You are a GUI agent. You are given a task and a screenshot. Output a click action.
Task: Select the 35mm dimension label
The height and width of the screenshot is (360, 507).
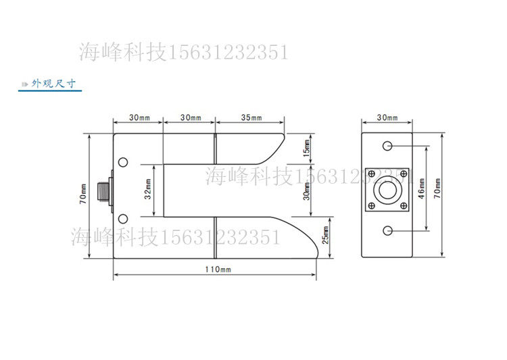(x=251, y=118)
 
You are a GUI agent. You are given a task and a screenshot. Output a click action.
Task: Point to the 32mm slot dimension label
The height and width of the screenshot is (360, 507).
(x=148, y=190)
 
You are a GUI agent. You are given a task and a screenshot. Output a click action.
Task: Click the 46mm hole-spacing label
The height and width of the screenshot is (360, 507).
(x=421, y=190)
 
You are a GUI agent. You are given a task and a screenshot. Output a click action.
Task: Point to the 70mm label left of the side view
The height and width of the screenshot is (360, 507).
(x=82, y=195)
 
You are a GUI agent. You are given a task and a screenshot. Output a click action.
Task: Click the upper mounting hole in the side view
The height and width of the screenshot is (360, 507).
(x=122, y=162)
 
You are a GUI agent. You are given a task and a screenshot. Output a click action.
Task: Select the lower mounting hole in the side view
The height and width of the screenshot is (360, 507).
(x=122, y=217)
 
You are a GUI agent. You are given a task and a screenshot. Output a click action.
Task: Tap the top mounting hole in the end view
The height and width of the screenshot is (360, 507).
(x=387, y=147)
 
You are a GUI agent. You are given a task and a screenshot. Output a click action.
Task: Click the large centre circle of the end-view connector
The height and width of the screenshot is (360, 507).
(x=387, y=190)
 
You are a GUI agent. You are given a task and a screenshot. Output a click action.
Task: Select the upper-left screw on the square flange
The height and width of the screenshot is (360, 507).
(x=370, y=173)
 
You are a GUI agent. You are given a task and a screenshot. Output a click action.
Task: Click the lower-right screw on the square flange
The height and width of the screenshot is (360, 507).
(x=404, y=206)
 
